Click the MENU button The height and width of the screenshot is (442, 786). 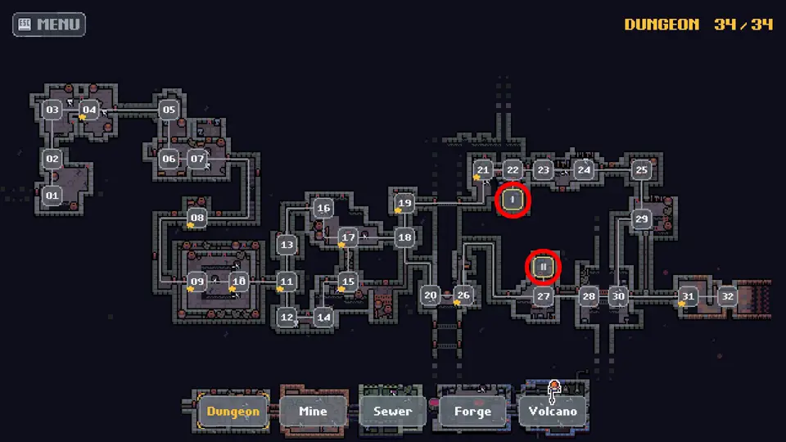click(49, 24)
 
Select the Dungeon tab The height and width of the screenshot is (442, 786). click(233, 411)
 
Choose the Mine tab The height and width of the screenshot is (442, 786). click(313, 411)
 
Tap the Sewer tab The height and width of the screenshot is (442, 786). click(392, 411)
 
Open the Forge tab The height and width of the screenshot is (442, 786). click(472, 411)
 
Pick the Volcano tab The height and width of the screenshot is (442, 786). click(553, 411)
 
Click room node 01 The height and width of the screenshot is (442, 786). click(52, 196)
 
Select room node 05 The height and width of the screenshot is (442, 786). click(169, 110)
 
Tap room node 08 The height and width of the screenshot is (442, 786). click(197, 218)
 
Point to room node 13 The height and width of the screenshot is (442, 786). click(287, 245)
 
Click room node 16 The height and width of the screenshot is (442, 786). click(323, 208)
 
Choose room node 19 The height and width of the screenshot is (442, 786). click(404, 203)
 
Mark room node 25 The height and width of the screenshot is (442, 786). click(642, 170)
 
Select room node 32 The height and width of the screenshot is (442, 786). click(728, 296)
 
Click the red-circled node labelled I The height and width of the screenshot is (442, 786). click(513, 200)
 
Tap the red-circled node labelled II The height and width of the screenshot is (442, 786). click(543, 267)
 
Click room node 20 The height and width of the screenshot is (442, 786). click(431, 295)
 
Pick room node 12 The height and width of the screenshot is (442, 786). click(287, 318)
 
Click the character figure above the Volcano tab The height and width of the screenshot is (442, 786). click(553, 391)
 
